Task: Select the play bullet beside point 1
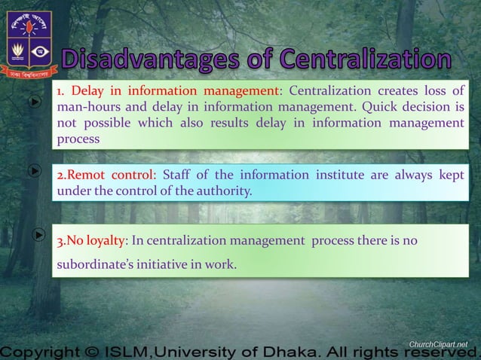(x=35, y=102)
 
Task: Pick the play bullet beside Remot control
(x=35, y=171)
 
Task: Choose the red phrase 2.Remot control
(x=105, y=176)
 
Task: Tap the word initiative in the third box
(x=173, y=264)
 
